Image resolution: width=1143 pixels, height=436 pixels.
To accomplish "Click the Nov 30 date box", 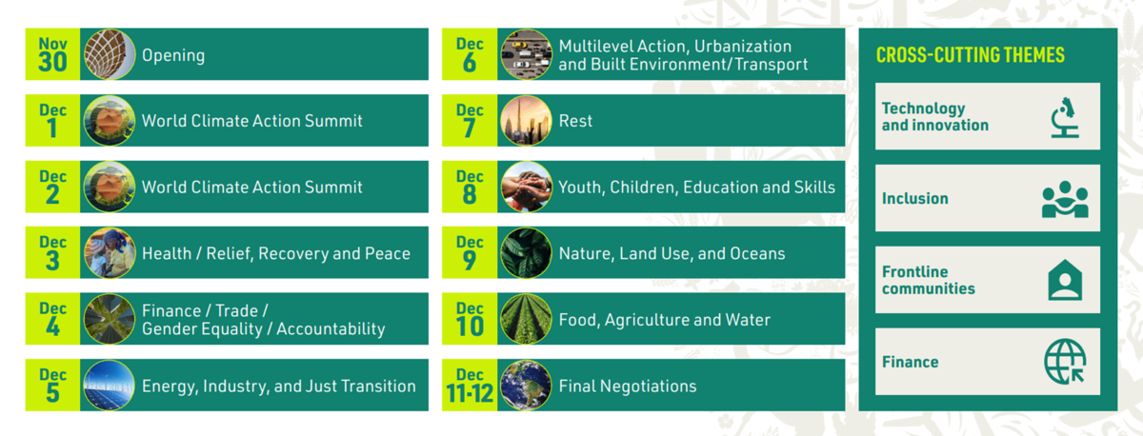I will [x=52, y=54].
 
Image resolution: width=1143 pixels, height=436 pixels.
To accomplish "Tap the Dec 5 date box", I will [x=52, y=386].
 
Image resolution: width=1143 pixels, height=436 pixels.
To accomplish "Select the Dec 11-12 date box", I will [x=470, y=386].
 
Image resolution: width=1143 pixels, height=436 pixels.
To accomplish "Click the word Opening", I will [x=173, y=55].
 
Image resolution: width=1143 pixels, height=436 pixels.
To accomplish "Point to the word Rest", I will [x=575, y=121].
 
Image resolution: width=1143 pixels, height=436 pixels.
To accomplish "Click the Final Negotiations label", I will [x=627, y=386].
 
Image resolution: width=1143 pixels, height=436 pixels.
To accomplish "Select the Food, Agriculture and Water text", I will [x=664, y=320].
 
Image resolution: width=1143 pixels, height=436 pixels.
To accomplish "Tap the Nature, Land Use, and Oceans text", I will [x=672, y=253].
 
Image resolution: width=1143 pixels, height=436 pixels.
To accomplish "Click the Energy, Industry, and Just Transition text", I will [x=278, y=386].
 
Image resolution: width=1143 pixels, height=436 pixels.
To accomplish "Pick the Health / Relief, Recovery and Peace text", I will [x=275, y=253].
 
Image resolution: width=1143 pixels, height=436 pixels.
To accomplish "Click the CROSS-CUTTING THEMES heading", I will [x=970, y=55].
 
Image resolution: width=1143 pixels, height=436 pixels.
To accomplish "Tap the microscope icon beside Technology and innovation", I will [x=1064, y=117].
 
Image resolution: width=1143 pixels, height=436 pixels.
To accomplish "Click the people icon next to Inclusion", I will [x=1064, y=199].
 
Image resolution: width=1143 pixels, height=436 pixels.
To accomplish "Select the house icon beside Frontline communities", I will [x=1064, y=281].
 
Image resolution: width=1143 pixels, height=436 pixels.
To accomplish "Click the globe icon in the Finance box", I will [x=1064, y=362].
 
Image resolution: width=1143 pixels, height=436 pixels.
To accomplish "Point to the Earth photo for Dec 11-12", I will [x=526, y=386].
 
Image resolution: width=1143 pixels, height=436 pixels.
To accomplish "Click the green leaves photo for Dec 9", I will [x=526, y=253].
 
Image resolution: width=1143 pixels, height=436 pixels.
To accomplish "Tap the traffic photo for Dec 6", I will [x=526, y=54].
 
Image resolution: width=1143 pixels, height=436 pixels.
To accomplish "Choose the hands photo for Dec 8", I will [x=526, y=187].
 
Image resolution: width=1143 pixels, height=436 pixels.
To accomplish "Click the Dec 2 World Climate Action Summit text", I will [x=251, y=188].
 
